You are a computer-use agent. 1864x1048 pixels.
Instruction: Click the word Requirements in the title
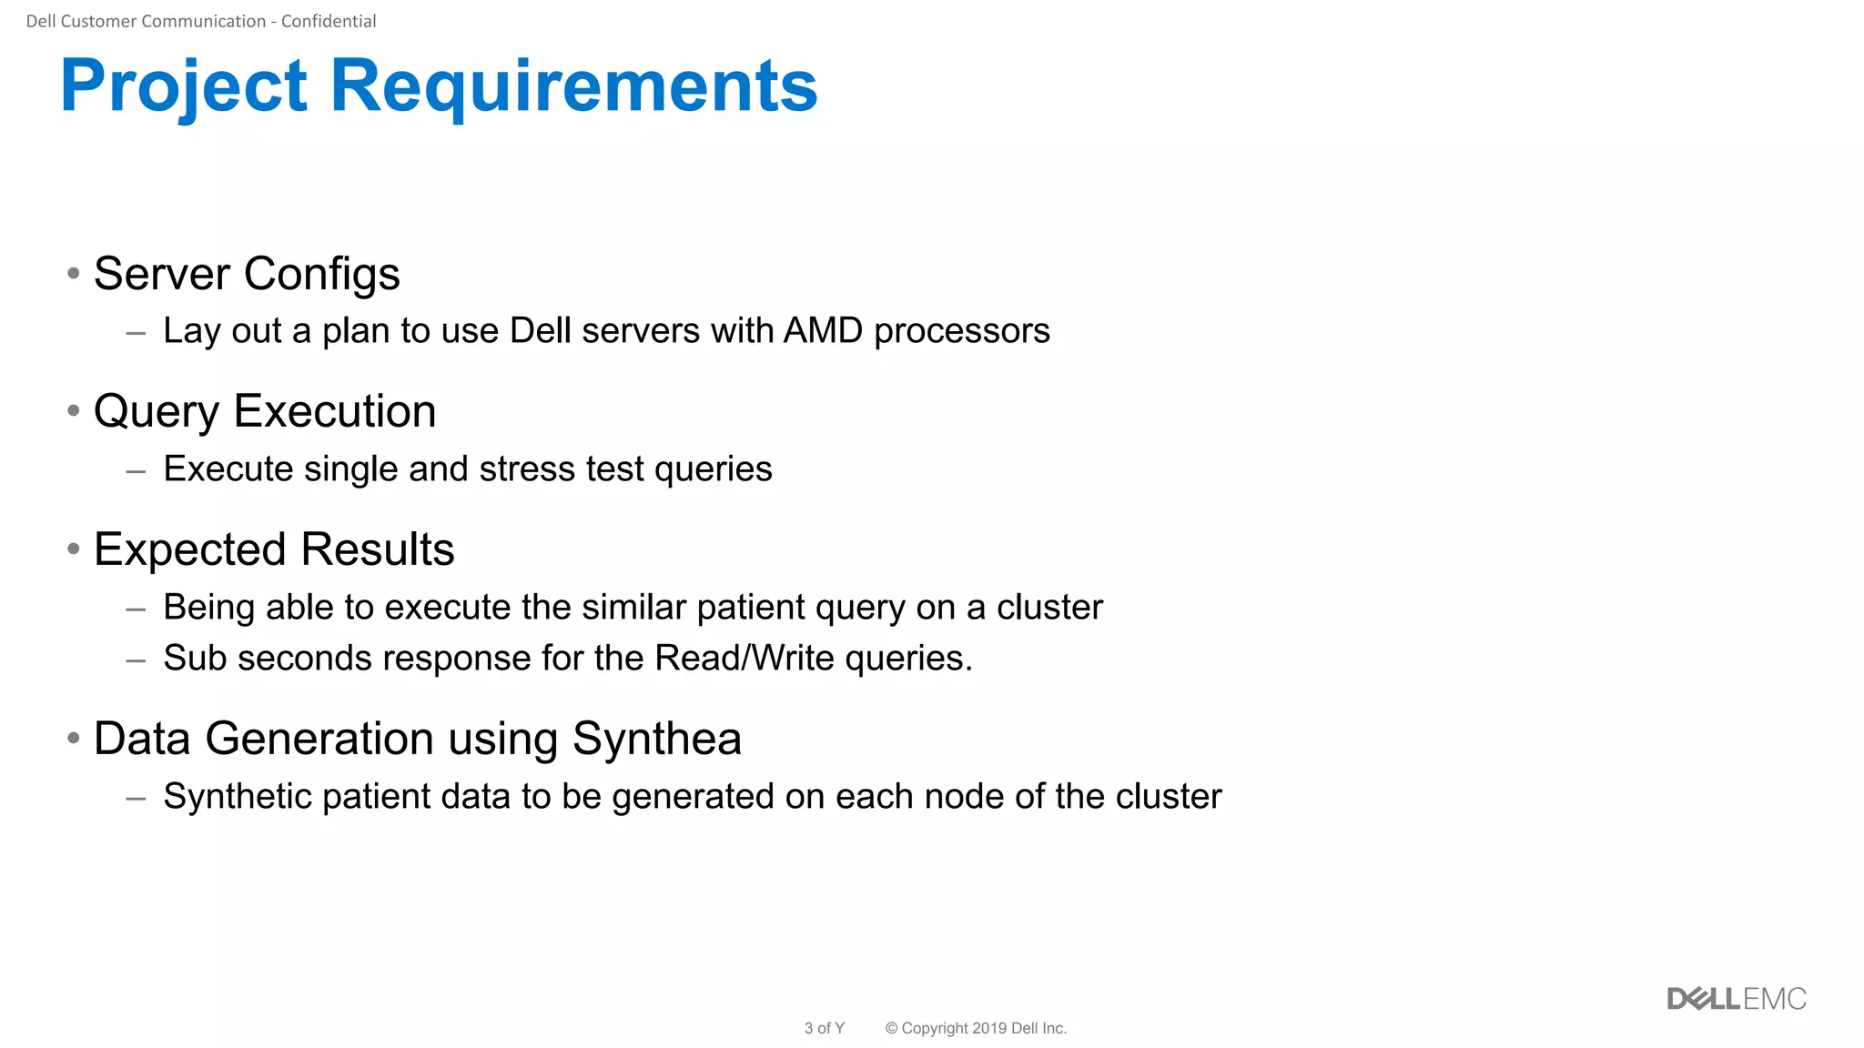pyautogui.click(x=573, y=86)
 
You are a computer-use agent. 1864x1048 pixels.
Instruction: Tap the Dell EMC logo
pyautogui.click(x=1736, y=999)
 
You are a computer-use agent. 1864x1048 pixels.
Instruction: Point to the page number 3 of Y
pyautogui.click(x=824, y=1028)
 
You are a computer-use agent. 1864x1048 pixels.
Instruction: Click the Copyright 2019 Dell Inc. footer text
pyautogui.click(x=976, y=1028)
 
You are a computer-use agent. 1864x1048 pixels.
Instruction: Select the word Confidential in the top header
pyautogui.click(x=328, y=21)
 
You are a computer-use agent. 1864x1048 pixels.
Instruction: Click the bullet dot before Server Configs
pyautogui.click(x=74, y=273)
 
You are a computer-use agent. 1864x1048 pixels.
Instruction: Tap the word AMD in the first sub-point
pyautogui.click(x=822, y=330)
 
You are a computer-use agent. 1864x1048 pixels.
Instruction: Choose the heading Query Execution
pyautogui.click(x=265, y=411)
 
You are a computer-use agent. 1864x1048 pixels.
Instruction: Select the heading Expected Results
pyautogui.click(x=274, y=549)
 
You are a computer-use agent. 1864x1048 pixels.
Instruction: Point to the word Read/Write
pyautogui.click(x=744, y=658)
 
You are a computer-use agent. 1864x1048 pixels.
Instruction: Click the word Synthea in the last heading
pyautogui.click(x=656, y=739)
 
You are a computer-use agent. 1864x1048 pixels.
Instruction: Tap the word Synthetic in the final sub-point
pyautogui.click(x=237, y=797)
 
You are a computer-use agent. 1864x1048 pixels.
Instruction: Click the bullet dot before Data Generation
pyautogui.click(x=74, y=738)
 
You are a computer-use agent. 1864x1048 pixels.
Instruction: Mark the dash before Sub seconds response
pyautogui.click(x=136, y=660)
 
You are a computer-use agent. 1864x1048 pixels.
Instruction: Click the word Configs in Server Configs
pyautogui.click(x=321, y=274)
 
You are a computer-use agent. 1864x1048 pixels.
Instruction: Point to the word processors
pyautogui.click(x=961, y=331)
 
